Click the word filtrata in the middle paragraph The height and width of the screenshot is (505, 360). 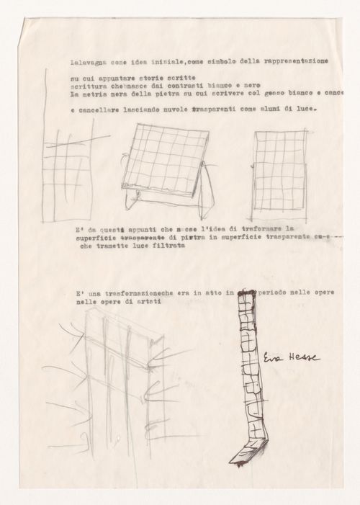click(165, 246)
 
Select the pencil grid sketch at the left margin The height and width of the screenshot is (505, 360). click(68, 172)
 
